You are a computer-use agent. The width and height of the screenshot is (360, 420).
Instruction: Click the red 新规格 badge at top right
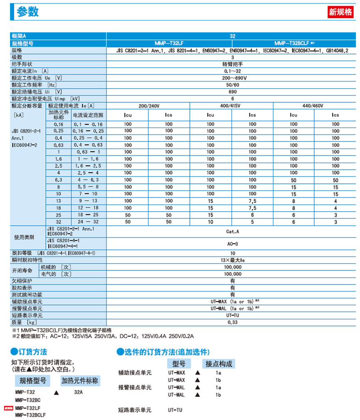[x=340, y=12]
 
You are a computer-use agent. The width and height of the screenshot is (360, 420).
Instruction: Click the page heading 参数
[x=28, y=12]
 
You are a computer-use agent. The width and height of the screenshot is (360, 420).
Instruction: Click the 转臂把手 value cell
[x=232, y=64]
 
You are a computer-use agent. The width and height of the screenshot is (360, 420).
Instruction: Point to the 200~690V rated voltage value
[x=232, y=78]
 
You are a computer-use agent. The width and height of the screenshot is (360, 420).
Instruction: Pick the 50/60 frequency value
[x=232, y=84]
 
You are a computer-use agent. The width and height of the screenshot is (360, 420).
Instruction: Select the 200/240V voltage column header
[x=148, y=106]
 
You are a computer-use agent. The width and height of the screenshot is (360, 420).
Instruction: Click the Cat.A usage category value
[x=232, y=232]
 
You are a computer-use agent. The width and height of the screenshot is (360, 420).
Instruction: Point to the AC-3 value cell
[x=232, y=243]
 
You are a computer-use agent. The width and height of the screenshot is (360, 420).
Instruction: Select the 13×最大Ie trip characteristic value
[x=232, y=260]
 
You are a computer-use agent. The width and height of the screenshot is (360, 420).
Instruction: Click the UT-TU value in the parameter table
[x=232, y=315]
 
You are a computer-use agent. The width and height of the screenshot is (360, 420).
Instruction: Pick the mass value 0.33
[x=232, y=322]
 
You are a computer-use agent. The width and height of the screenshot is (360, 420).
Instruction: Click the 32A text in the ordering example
[x=79, y=392]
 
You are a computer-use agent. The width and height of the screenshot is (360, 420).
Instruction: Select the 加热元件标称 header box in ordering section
[x=79, y=380]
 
